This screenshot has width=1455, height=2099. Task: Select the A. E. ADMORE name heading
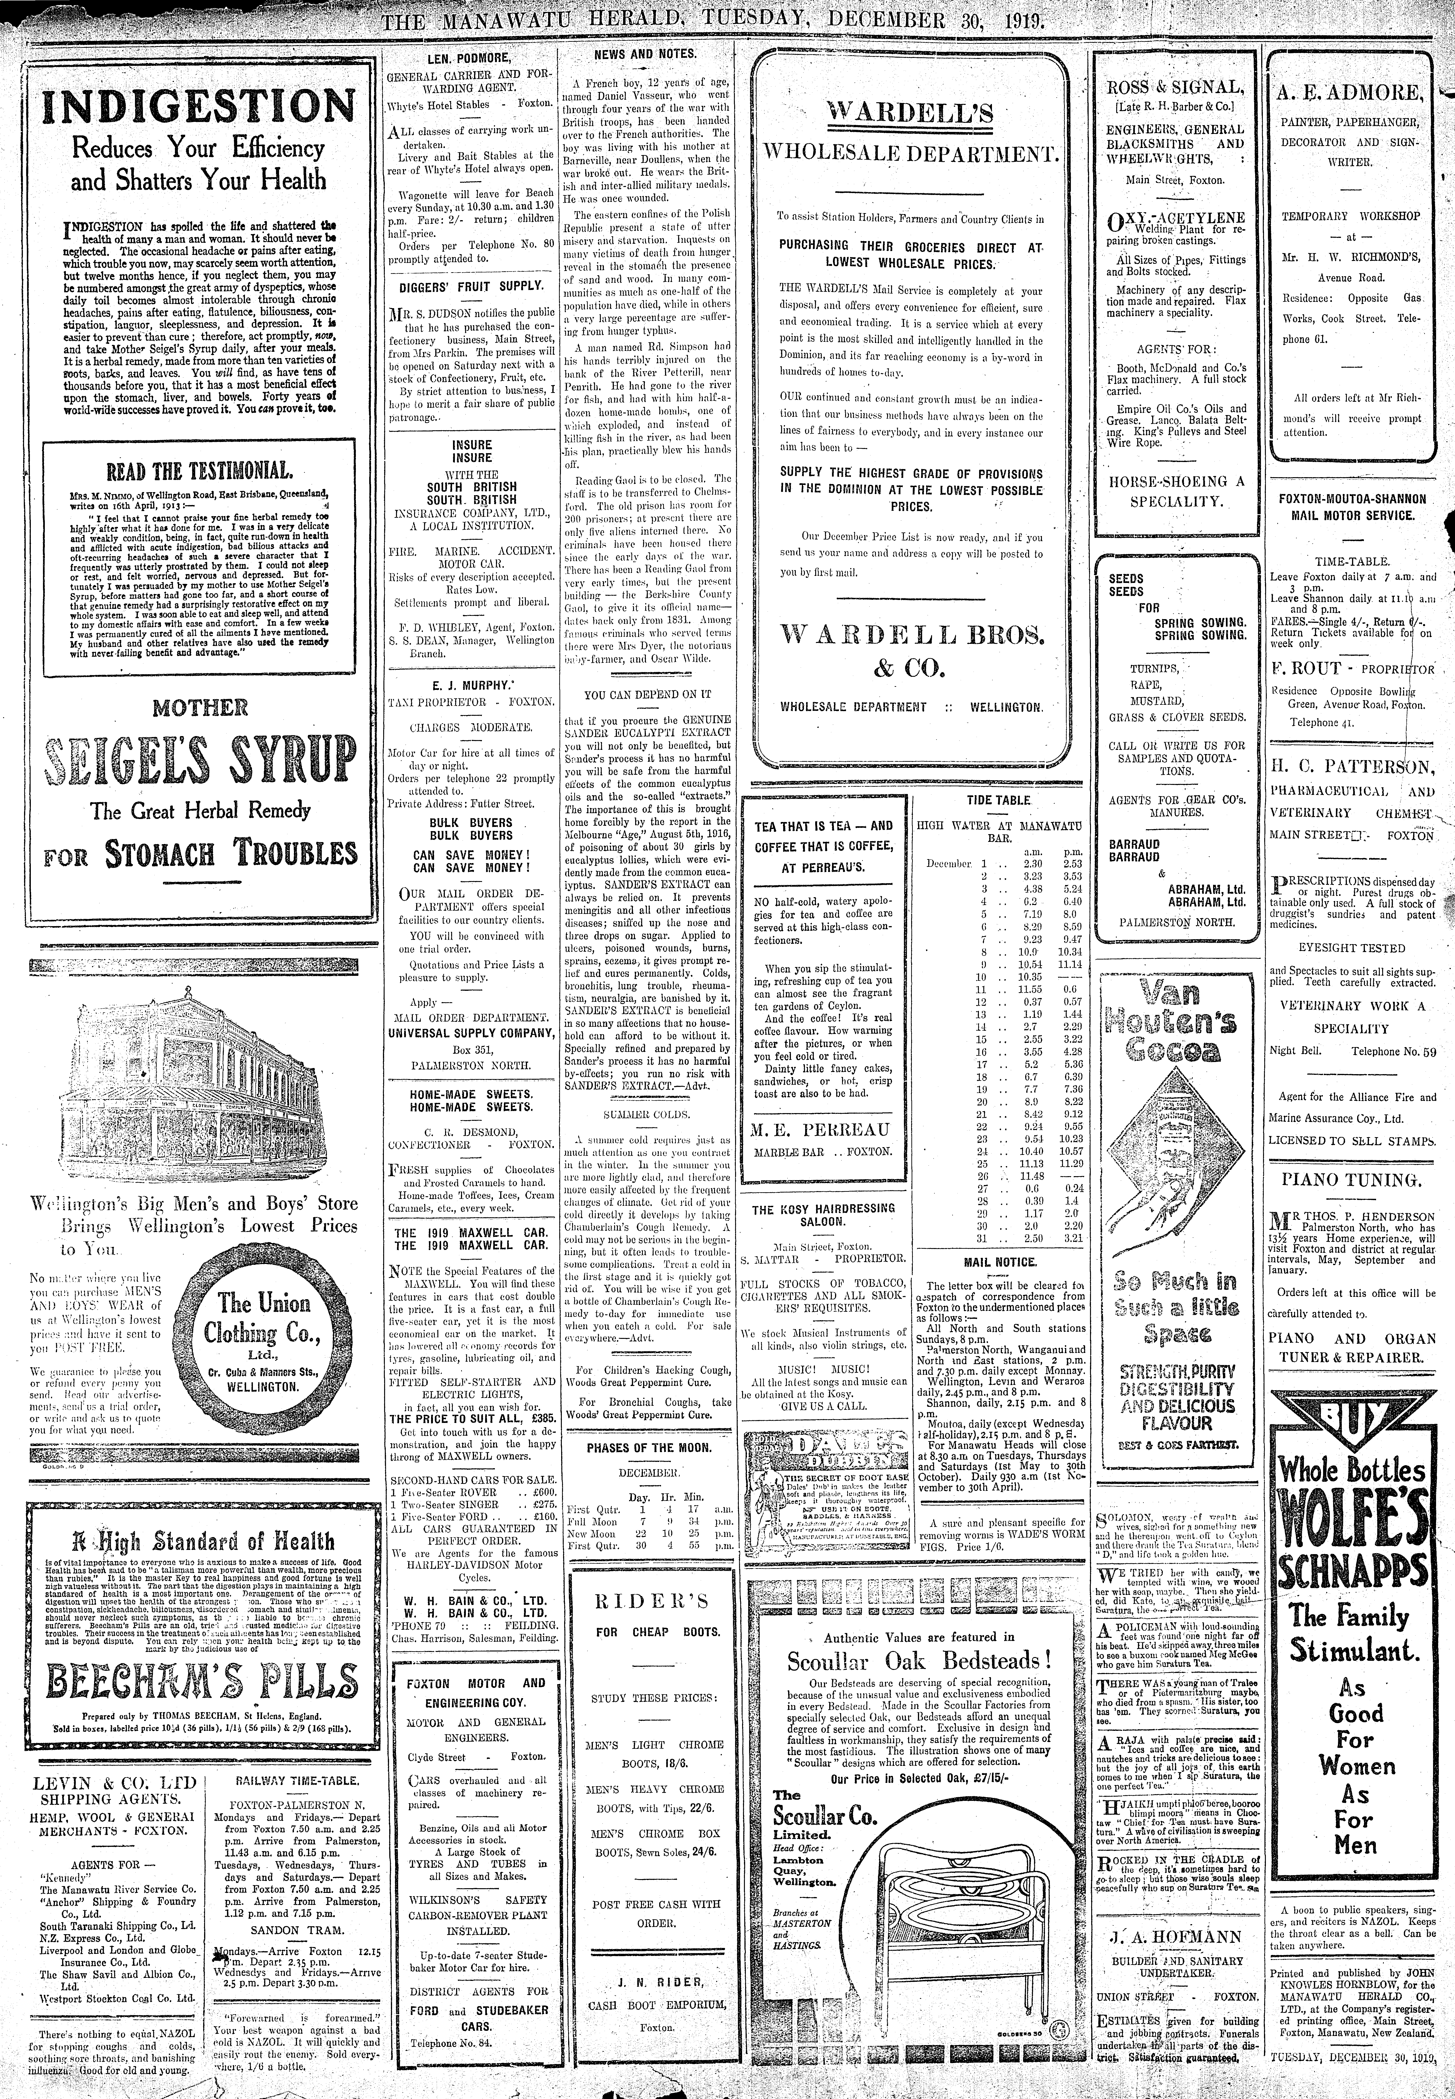tap(1350, 93)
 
